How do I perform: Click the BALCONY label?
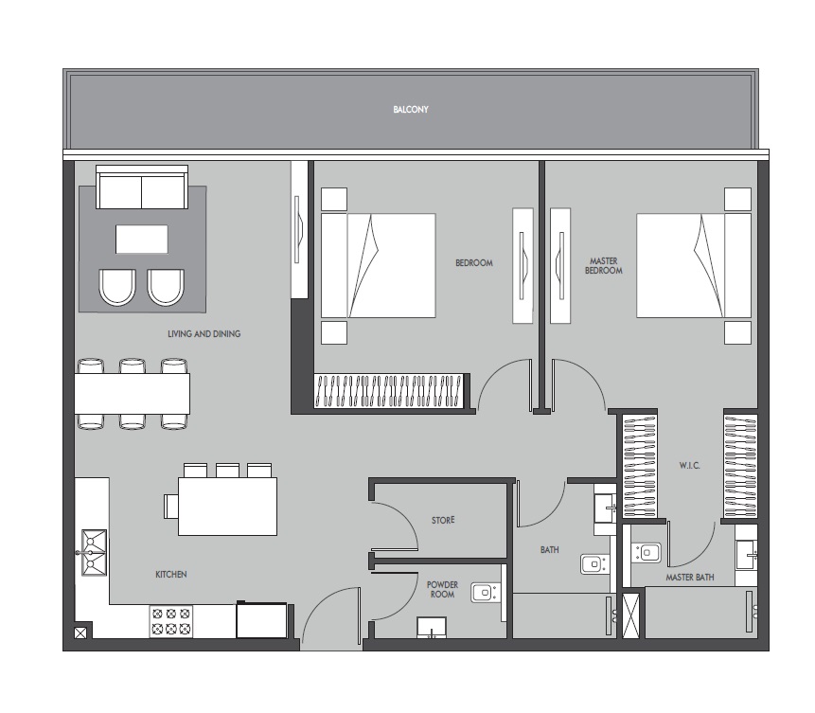(411, 110)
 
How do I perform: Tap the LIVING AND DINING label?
(204, 333)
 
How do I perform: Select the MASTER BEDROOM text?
(603, 265)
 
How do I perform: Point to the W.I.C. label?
(688, 466)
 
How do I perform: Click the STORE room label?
(443, 520)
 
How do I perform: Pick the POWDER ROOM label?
(442, 590)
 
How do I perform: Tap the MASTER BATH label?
(689, 577)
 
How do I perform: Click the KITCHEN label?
(171, 575)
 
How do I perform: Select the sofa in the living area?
(142, 188)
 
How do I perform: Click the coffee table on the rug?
(142, 239)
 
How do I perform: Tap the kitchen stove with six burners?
(169, 621)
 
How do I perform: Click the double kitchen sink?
(93, 552)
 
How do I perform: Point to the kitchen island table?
(227, 507)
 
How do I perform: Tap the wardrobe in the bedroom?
(389, 391)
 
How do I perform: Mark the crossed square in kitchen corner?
(81, 633)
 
